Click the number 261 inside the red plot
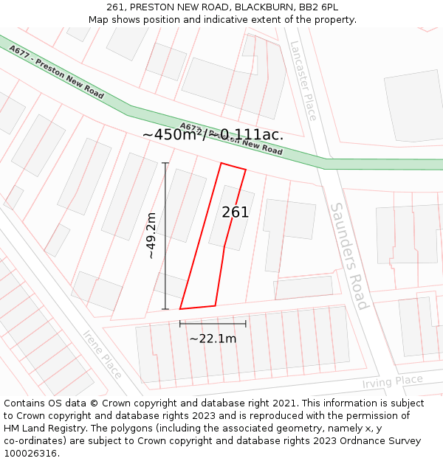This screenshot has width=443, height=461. coord(236,212)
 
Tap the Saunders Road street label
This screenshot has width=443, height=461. coord(348,256)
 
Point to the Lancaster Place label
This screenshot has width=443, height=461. coord(303,81)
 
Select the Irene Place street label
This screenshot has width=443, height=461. coord(102,354)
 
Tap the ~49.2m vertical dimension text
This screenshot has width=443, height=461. coord(151,235)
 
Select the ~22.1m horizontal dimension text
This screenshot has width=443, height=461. coord(213,339)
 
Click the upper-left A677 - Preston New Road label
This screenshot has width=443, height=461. coord(56,72)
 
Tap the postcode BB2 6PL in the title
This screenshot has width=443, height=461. coord(319,7)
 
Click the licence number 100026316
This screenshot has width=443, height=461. coord(31,453)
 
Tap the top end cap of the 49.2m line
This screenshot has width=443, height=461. coord(165,163)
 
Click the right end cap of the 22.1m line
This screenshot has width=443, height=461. coord(246,323)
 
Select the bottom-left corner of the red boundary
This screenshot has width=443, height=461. coord(180,309)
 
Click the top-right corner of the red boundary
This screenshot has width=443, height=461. coord(245,170)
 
